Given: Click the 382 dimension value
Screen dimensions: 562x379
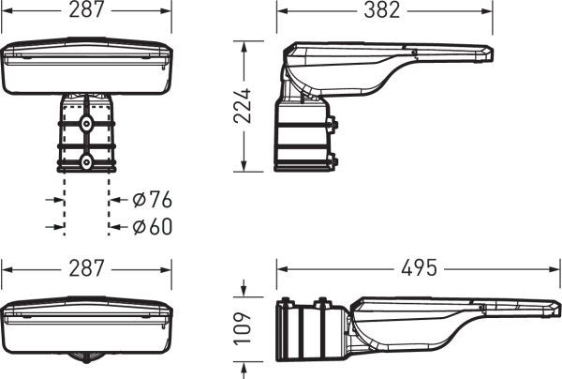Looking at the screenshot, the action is [x=382, y=10].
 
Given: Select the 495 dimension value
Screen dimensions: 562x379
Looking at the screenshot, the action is [x=419, y=268].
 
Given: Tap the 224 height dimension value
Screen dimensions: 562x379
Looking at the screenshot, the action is [x=243, y=105].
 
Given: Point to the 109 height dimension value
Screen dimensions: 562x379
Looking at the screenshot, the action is [x=243, y=328].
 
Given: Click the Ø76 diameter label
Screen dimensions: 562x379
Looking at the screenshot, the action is [x=153, y=200].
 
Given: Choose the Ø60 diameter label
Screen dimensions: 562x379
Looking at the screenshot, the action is [x=153, y=226].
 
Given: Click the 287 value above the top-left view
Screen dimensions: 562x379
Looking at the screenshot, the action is [x=86, y=10].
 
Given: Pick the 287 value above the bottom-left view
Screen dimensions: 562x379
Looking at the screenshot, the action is [x=86, y=268].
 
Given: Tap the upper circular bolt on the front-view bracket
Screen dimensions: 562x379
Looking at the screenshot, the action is [x=86, y=124].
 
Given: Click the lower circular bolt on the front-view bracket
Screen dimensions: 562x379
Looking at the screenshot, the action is [x=86, y=162].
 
